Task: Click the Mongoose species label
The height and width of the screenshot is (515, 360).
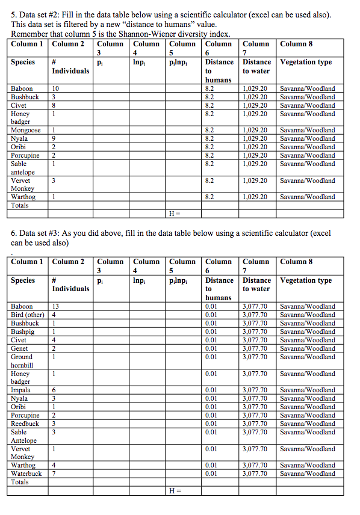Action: click(26, 130)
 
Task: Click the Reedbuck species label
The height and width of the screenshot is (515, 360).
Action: click(25, 424)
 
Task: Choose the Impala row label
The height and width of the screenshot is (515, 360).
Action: click(21, 390)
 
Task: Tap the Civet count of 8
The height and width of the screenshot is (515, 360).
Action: click(54, 105)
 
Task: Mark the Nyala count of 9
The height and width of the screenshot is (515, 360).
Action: click(54, 138)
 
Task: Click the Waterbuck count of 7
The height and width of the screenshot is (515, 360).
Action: click(54, 473)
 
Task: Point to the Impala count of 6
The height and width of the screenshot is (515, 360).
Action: click(54, 390)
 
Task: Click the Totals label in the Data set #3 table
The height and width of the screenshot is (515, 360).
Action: click(21, 483)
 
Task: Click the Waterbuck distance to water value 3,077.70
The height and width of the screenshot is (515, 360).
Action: click(255, 473)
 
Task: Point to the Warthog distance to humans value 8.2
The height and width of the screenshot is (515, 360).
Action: click(210, 197)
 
